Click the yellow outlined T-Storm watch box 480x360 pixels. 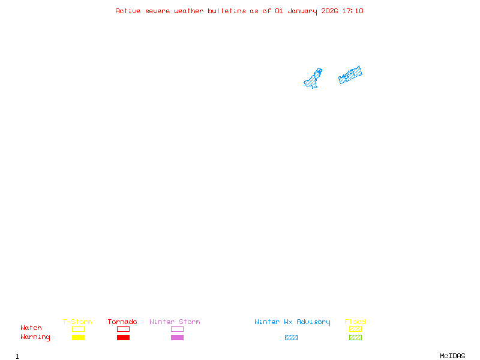[78, 329]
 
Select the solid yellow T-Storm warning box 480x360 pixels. [78, 338]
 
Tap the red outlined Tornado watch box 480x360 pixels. [123, 329]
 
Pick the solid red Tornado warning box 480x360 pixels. [123, 338]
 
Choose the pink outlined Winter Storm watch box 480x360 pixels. [177, 329]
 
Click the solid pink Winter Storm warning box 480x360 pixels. [177, 338]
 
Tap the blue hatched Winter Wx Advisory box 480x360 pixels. [291, 338]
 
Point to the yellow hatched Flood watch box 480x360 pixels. [355, 329]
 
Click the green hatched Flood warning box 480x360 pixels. [355, 338]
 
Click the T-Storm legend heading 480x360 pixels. [77, 322]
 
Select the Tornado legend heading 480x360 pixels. [122, 322]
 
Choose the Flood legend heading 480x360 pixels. [355, 322]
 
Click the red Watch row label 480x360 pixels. [31, 328]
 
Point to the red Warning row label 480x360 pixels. [35, 337]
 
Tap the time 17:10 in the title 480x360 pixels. [352, 11]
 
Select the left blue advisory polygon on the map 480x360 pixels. [313, 79]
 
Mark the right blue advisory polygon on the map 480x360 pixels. [351, 75]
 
